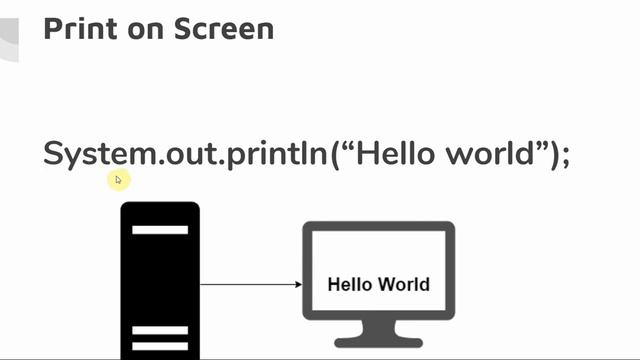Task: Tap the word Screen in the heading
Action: [x=223, y=28]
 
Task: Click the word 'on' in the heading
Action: [x=144, y=28]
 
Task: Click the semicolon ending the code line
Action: [x=565, y=156]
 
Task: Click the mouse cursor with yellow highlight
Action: [x=118, y=180]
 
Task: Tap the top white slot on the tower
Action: [x=160, y=230]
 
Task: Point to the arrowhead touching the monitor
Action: [x=298, y=284]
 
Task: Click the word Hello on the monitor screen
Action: [x=350, y=284]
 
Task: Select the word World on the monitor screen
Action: [x=404, y=284]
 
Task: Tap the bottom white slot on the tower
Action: [x=160, y=346]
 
